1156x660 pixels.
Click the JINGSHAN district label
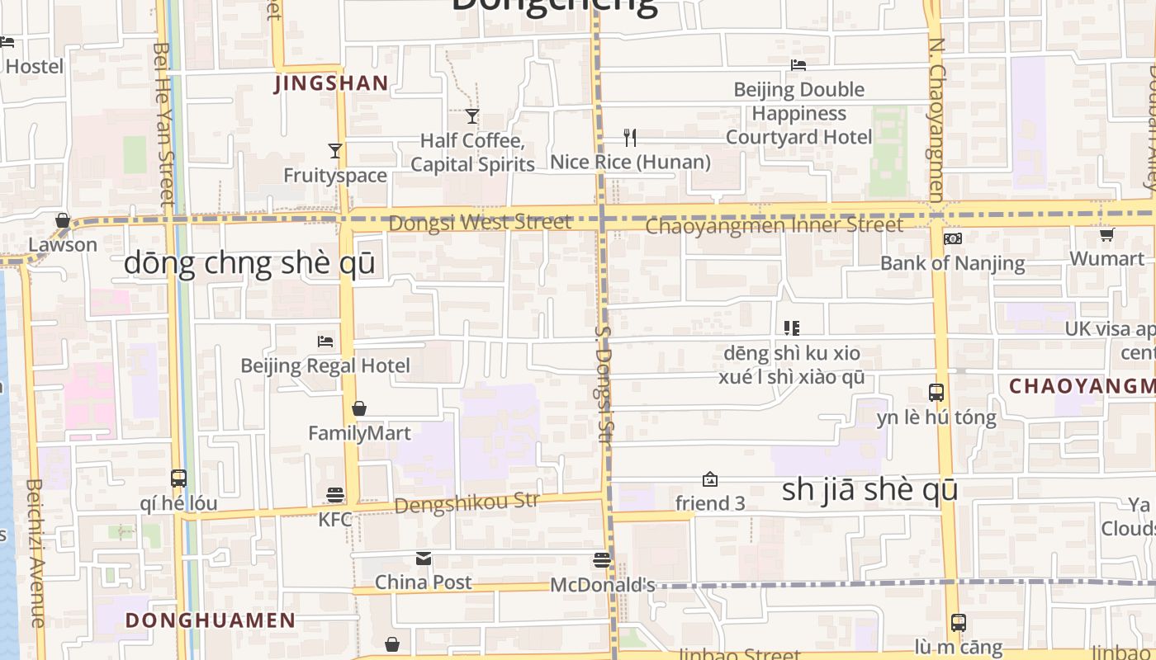pyautogui.click(x=330, y=82)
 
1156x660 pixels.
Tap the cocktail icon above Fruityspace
pyautogui.click(x=335, y=150)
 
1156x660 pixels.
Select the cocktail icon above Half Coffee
pyautogui.click(x=472, y=116)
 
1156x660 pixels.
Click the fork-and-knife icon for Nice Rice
pyautogui.click(x=630, y=137)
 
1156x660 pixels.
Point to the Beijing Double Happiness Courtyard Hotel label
pyautogui.click(x=798, y=113)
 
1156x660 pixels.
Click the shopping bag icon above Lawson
pyautogui.click(x=63, y=220)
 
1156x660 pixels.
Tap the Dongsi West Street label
pyautogui.click(x=480, y=223)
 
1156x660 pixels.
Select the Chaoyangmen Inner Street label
pyautogui.click(x=774, y=225)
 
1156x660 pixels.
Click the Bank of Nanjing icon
pyautogui.click(x=952, y=238)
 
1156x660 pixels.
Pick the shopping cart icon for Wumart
pyautogui.click(x=1106, y=234)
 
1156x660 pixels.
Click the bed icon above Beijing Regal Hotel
pyautogui.click(x=325, y=341)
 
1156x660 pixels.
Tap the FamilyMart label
pyautogui.click(x=358, y=433)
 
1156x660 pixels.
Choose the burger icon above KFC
pyautogui.click(x=335, y=495)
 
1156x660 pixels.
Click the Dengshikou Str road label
pyautogui.click(x=467, y=502)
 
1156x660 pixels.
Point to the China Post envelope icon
pyautogui.click(x=424, y=559)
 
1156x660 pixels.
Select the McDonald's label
pyautogui.click(x=602, y=585)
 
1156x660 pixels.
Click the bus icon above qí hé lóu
pyautogui.click(x=178, y=478)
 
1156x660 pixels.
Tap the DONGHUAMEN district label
pyautogui.click(x=210, y=620)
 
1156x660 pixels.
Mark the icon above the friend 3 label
pyautogui.click(x=709, y=479)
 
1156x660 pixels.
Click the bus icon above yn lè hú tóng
pyautogui.click(x=936, y=393)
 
